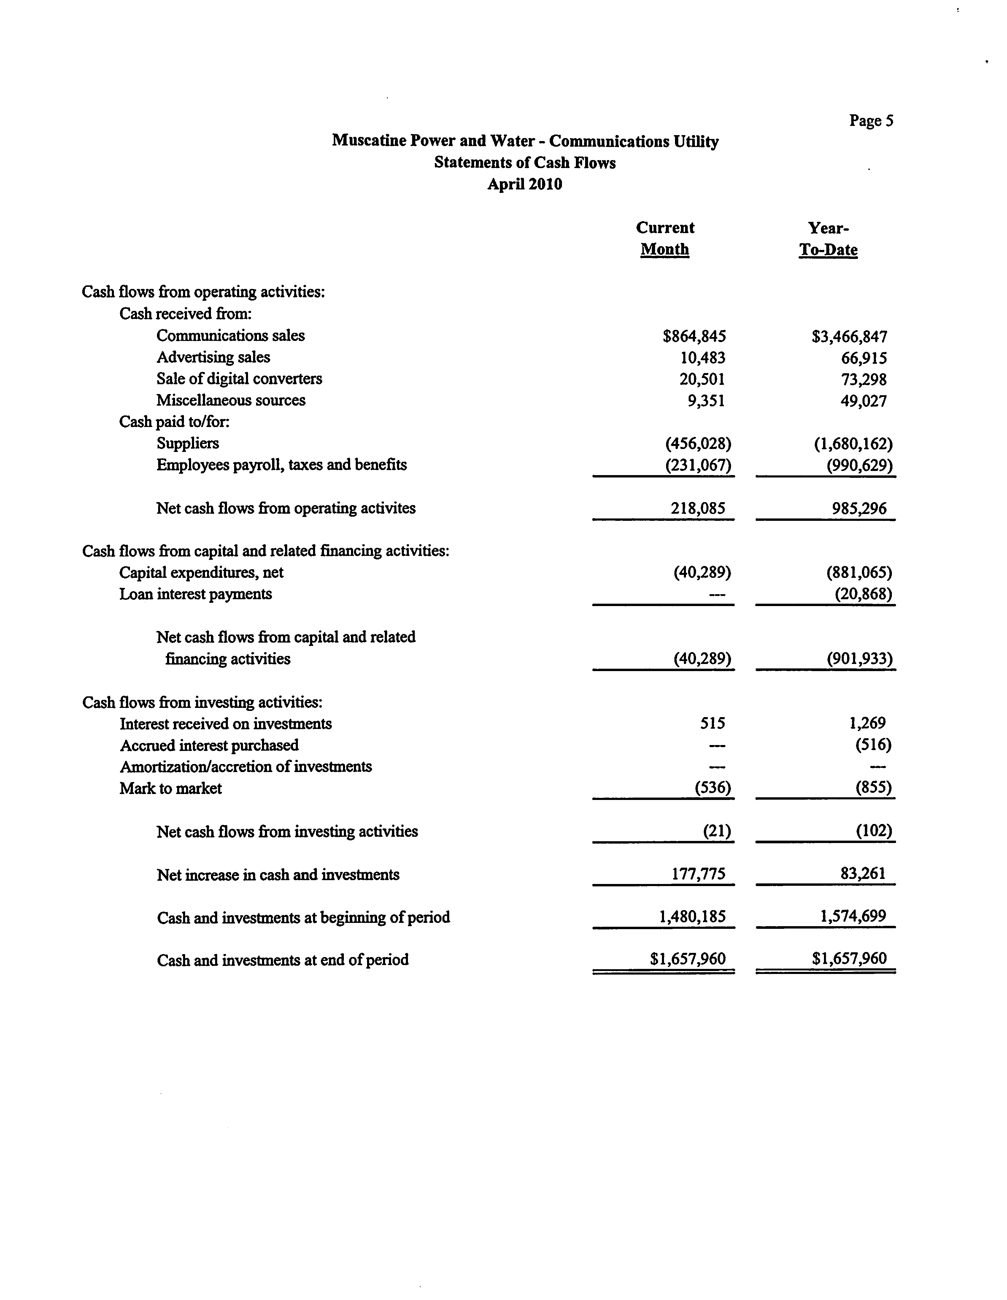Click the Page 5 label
point(871,121)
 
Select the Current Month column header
point(665,239)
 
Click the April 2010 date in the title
point(525,184)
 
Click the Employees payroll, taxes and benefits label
point(281,465)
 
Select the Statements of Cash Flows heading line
point(525,162)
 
